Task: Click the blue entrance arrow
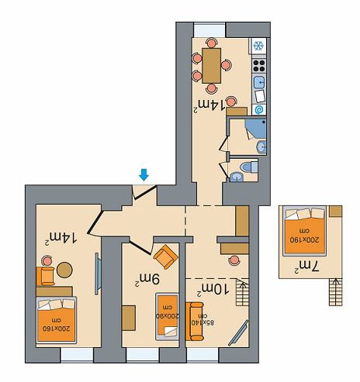144,175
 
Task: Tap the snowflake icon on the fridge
258,46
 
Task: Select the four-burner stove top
259,66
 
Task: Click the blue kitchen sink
259,82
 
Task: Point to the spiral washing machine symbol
259,110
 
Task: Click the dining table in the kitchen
212,66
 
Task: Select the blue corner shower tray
256,129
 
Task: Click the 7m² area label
306,267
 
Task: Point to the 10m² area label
213,289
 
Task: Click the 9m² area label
147,280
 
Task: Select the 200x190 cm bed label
304,236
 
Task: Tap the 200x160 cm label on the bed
57,325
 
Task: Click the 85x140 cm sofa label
203,319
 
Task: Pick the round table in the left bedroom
64,270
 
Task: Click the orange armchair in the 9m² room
165,257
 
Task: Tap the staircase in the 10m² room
243,293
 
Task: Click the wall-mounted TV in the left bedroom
97,274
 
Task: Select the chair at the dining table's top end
212,43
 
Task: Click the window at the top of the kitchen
209,30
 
